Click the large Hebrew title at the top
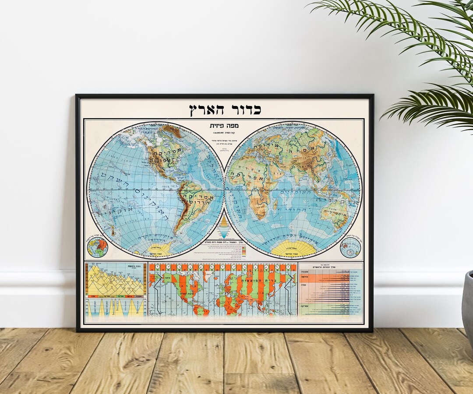tap(225, 109)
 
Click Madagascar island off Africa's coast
tap(275, 204)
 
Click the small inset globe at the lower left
tap(97, 248)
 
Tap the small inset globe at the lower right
tap(350, 248)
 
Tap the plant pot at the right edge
tap(467, 306)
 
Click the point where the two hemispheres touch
tap(224, 190)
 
